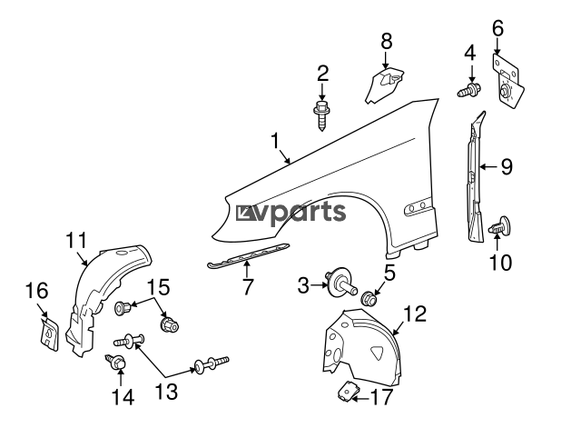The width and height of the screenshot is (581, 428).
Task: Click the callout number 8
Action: click(386, 41)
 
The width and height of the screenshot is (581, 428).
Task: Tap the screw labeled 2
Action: click(322, 114)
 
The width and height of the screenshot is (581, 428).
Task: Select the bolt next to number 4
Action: click(468, 91)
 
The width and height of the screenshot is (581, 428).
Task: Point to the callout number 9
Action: click(507, 166)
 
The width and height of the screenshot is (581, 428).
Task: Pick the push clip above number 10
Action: click(500, 225)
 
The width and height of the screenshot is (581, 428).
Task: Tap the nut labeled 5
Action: click(369, 298)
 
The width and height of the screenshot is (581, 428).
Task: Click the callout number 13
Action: click(166, 392)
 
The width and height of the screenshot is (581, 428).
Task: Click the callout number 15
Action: click(159, 287)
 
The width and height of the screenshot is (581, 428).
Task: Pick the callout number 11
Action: click(76, 240)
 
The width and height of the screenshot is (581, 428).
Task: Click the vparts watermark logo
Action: click(290, 212)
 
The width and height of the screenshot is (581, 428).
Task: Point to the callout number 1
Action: click(274, 142)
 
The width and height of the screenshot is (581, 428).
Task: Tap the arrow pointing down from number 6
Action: click(497, 46)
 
